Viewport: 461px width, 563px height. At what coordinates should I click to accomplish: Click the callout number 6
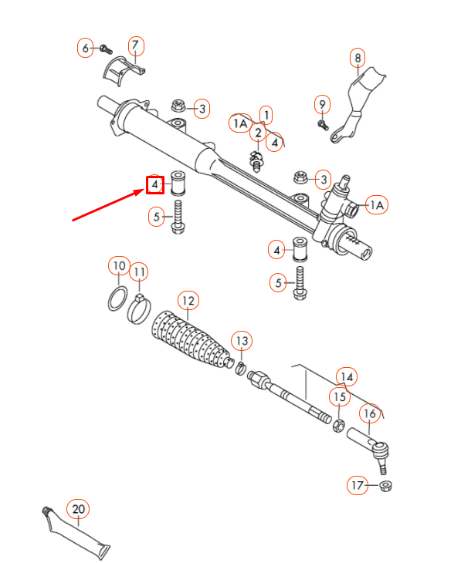point(86,48)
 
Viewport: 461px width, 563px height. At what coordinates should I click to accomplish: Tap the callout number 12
point(187,300)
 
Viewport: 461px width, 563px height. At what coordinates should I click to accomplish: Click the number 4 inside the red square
point(155,185)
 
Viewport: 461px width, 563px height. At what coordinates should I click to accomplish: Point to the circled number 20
point(78,509)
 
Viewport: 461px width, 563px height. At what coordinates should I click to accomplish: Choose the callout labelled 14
point(347,376)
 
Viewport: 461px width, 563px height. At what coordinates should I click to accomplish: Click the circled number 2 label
point(257,133)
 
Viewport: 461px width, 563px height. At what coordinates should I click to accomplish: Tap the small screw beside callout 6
point(105,49)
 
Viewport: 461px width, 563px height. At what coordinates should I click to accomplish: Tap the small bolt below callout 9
point(323,123)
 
